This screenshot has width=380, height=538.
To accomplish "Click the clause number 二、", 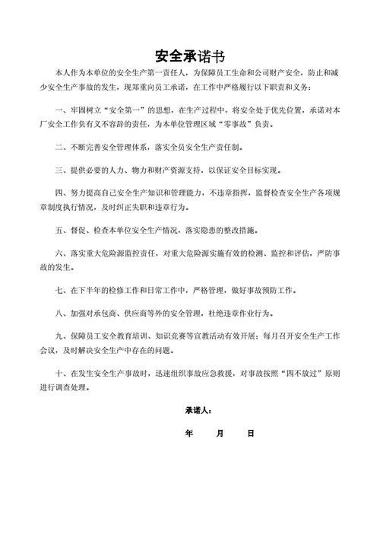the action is [x=61, y=145].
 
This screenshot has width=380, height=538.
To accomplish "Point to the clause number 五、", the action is [x=61, y=228].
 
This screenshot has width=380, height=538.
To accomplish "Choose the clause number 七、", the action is [x=61, y=291].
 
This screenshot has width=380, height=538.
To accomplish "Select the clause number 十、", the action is [x=61, y=374].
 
